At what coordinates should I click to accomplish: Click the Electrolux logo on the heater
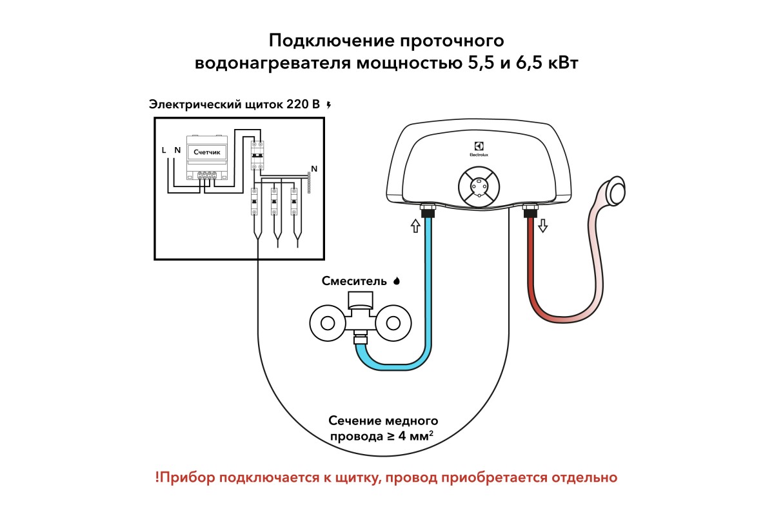[x=479, y=149]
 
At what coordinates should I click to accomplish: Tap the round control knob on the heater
[x=479, y=187]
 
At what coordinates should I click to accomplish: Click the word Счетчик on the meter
[x=206, y=152]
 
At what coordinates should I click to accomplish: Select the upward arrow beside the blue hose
[x=415, y=226]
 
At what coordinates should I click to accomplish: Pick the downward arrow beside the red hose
[x=543, y=226]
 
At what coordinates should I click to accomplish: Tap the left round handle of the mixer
[x=328, y=323]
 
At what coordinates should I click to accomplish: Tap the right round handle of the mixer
[x=393, y=323]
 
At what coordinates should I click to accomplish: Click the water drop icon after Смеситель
[x=397, y=281]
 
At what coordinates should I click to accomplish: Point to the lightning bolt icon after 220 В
[x=329, y=104]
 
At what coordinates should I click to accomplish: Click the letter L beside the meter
[x=164, y=150]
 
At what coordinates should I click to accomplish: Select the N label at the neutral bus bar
[x=314, y=168]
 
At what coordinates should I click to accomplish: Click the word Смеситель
[x=354, y=281]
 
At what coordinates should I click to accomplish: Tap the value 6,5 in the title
[x=529, y=63]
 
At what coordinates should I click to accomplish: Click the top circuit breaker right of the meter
[x=257, y=155]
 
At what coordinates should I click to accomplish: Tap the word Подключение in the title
[x=332, y=41]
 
